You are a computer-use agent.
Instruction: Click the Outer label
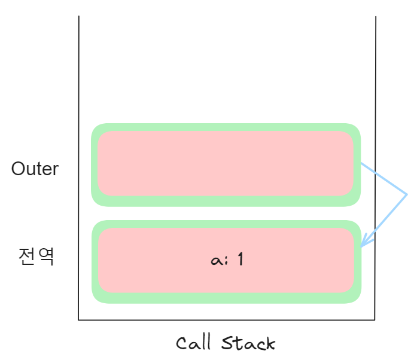(x=35, y=169)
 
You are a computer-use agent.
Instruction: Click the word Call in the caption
(x=193, y=343)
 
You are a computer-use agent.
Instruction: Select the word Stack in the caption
(x=248, y=343)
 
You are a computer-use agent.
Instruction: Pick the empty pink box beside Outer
(x=226, y=163)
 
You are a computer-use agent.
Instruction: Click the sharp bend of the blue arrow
(x=407, y=194)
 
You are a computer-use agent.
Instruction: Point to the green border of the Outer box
(x=226, y=127)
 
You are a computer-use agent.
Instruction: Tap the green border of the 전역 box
(x=226, y=297)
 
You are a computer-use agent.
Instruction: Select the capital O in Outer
(x=19, y=169)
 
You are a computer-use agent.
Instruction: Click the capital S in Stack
(x=228, y=343)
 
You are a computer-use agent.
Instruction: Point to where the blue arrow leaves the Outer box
(x=361, y=163)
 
